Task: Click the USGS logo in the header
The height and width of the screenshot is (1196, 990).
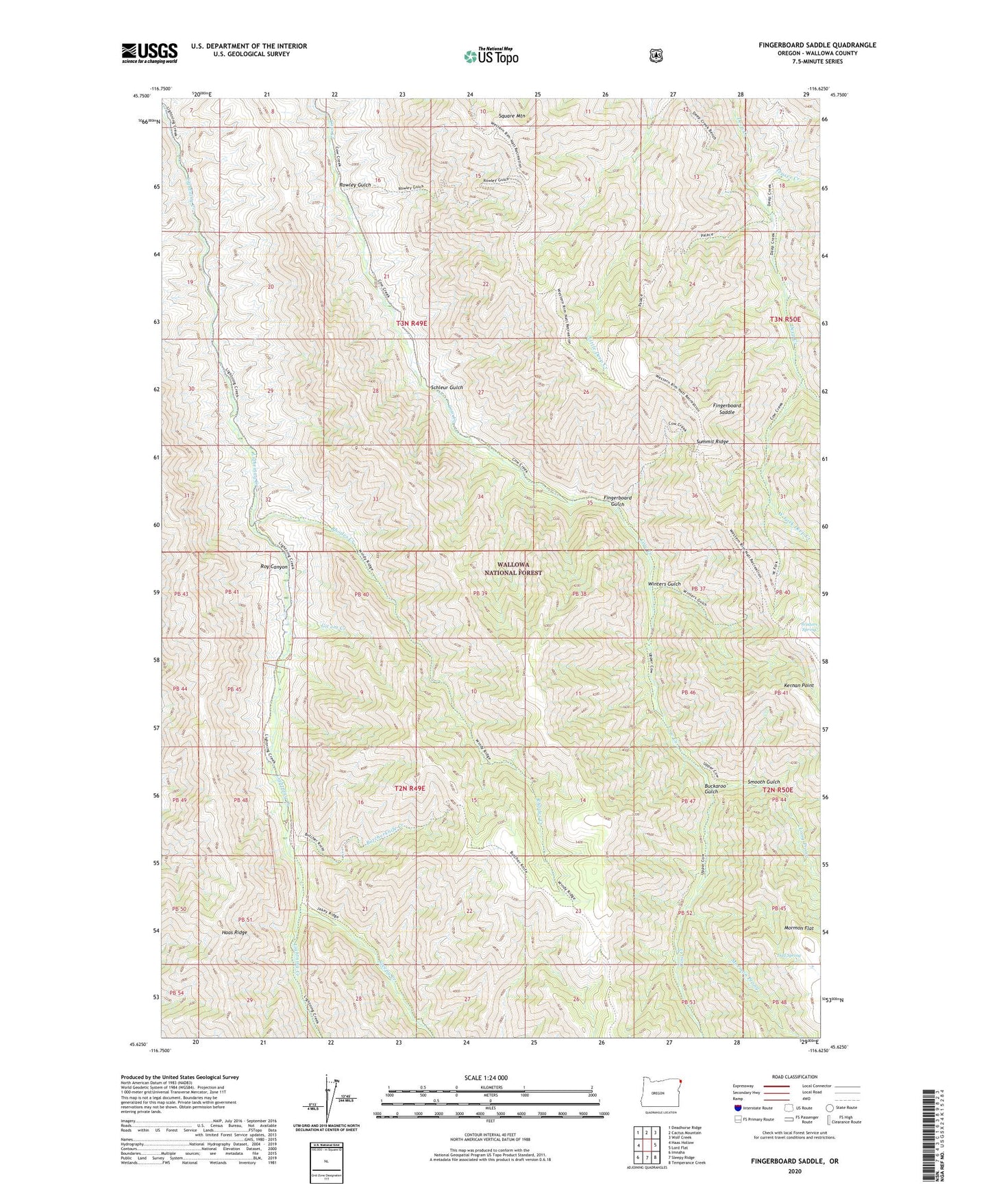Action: coord(149,53)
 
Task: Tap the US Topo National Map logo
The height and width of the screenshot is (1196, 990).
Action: coord(491,56)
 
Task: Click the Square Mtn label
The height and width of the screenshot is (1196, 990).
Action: coord(512,116)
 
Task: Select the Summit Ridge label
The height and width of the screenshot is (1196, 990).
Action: coord(713,442)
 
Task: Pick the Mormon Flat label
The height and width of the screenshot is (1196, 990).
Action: coord(799,928)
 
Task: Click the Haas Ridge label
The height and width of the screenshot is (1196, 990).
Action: coord(234,932)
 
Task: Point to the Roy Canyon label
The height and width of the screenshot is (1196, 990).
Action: coord(275,566)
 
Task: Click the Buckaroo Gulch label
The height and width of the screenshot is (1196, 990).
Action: coord(711,788)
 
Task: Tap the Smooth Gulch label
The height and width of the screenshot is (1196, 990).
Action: coord(763,782)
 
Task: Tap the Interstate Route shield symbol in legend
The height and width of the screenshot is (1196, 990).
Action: coord(738,1108)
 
